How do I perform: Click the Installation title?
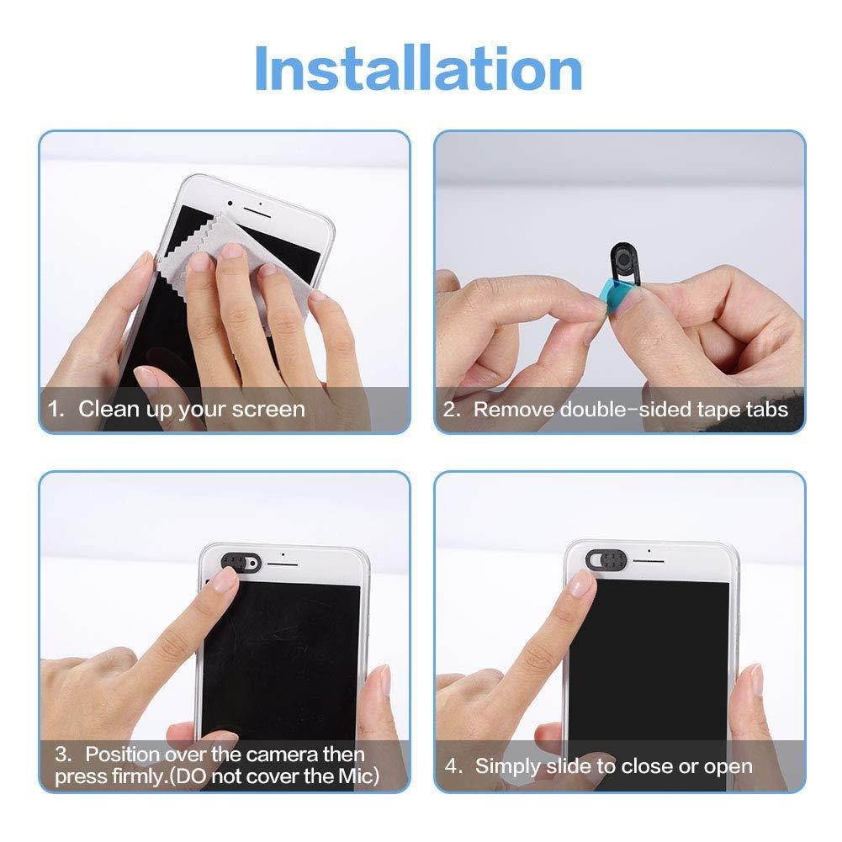point(418,69)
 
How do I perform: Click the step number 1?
point(55,410)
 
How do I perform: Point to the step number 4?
point(452,766)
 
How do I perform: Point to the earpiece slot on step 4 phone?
point(649,559)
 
